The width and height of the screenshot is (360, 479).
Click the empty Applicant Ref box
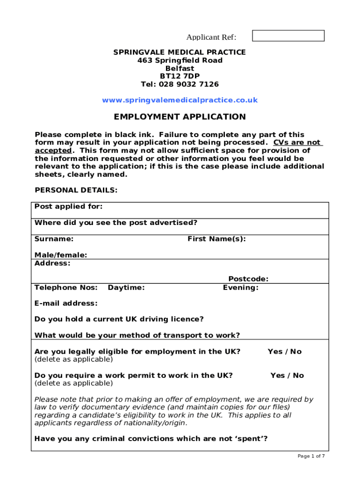tap(288, 36)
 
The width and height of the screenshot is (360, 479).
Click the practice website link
tap(180, 100)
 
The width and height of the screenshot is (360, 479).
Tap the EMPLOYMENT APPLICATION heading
tap(180, 117)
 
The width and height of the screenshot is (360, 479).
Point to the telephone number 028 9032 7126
tap(188, 84)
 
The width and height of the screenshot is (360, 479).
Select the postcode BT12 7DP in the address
tap(180, 76)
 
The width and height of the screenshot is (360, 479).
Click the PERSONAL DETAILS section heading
tap(76, 190)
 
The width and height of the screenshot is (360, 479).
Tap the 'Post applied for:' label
tap(69, 207)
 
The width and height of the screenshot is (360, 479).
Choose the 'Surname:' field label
tap(54, 239)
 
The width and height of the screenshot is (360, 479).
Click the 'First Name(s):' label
tap(216, 239)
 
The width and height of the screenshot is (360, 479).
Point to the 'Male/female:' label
tap(61, 255)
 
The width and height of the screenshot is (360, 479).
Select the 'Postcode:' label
tap(248, 279)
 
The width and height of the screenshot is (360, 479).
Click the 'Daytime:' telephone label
tap(126, 288)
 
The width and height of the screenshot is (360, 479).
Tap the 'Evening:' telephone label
tap(240, 288)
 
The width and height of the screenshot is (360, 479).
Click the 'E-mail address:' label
tap(66, 303)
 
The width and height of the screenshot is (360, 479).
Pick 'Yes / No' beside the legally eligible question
tap(284, 351)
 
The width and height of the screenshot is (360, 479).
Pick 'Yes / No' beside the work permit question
tap(287, 375)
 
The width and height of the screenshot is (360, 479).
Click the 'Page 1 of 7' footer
tap(311, 456)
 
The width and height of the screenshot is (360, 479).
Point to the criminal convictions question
tap(151, 439)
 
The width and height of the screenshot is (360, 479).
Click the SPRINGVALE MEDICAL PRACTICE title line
tap(180, 52)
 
